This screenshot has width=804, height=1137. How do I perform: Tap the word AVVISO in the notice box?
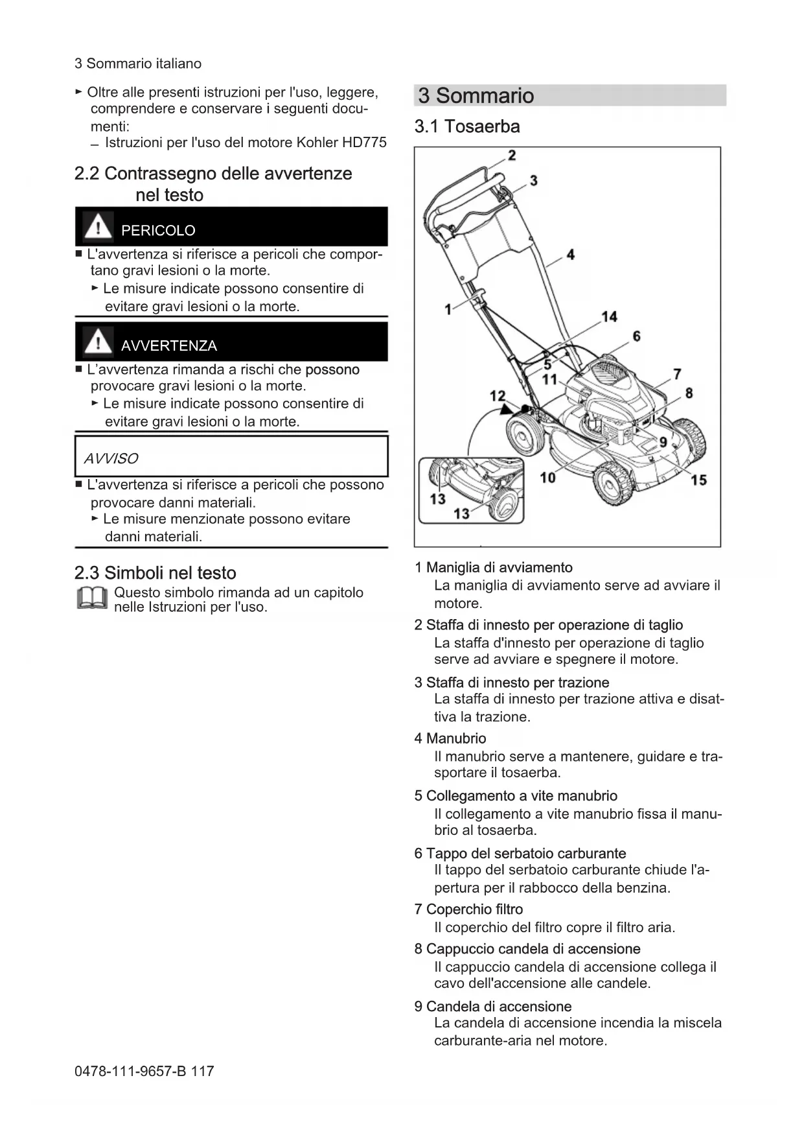111,458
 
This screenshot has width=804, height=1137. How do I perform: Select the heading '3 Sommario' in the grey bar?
476,95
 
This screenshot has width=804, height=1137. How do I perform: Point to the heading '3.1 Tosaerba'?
467,126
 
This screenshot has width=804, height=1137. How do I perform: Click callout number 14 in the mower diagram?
609,316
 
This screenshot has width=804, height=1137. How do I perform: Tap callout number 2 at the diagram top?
512,156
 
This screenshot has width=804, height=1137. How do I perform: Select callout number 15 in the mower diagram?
698,480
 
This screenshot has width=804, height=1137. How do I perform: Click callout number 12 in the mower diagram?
497,396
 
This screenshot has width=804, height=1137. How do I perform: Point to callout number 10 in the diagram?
547,478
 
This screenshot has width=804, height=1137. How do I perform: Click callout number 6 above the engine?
636,336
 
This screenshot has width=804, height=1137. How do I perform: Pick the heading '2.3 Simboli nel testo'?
155,573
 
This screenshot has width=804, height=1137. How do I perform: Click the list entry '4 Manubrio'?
450,738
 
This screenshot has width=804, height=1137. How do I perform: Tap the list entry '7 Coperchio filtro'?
468,909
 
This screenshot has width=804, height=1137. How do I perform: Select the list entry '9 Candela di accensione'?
493,1007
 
